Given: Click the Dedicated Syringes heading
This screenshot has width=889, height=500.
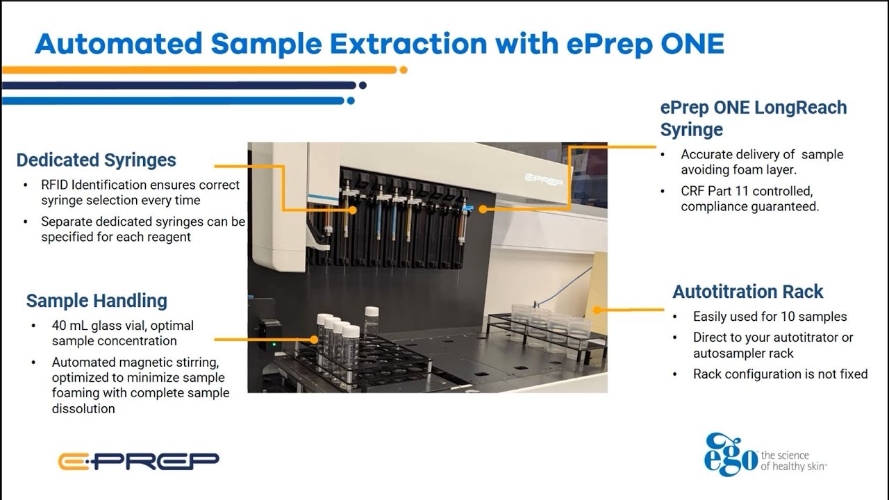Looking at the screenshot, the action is coord(96,160).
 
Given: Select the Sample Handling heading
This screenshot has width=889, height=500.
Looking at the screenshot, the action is coord(97,301).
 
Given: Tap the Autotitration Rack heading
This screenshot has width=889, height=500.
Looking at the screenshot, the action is coord(747,292).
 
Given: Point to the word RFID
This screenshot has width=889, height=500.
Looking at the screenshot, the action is coord(55,185).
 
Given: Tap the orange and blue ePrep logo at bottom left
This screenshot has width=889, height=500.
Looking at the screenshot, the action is coord(138,461).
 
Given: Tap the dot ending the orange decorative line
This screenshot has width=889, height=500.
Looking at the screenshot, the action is coord(404,69).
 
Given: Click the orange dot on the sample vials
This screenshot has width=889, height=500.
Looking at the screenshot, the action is coord(314,340).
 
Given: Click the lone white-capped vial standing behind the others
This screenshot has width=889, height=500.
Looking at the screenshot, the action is coord(372,321).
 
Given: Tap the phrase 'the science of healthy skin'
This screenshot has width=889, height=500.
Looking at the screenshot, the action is coord(793,461).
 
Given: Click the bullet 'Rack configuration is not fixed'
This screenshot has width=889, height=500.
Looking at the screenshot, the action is coord(780,374).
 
